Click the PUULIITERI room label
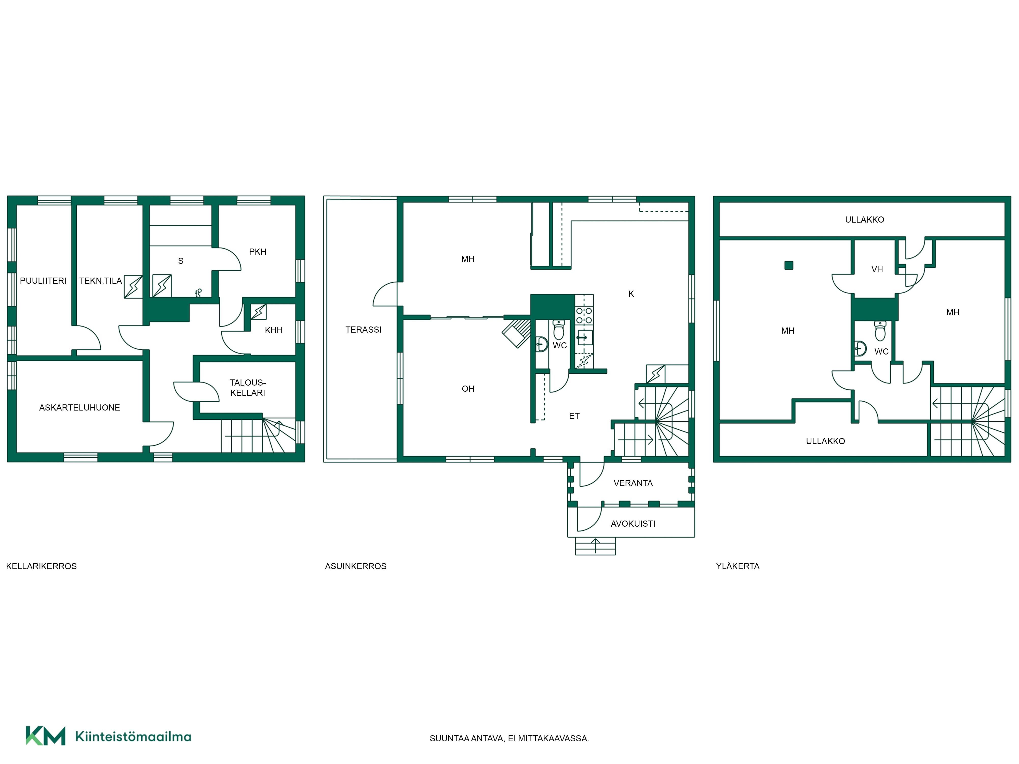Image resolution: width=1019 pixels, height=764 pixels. pos(43,280)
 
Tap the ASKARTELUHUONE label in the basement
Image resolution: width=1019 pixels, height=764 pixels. pos(80,407)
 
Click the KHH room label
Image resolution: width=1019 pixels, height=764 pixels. pos(274,330)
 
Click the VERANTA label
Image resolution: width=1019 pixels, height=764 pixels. pos(633,483)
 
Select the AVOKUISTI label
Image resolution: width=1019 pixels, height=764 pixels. pos(633,524)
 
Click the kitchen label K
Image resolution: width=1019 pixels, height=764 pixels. pos(631,294)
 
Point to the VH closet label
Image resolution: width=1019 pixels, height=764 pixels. pos(877,269)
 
